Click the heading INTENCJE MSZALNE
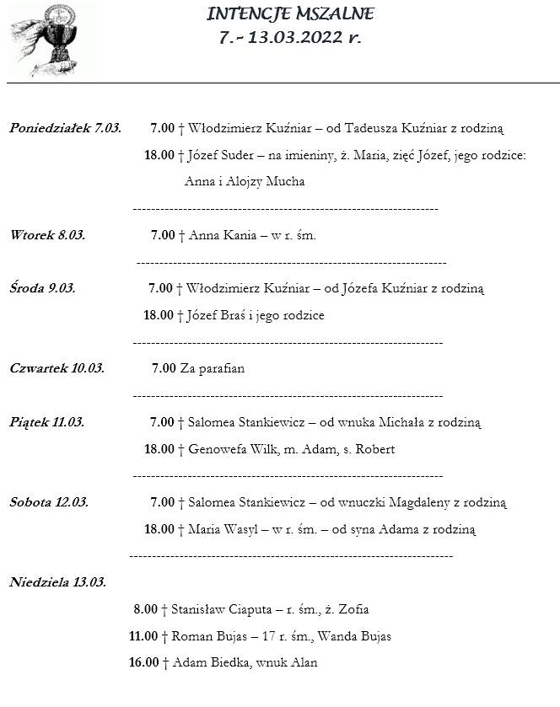coord(290,14)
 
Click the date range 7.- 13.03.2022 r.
coord(289,37)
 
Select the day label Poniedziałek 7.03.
coord(65,128)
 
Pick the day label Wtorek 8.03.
coord(47,235)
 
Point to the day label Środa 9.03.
coord(42,288)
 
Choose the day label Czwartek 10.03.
coord(57,368)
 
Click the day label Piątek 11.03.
coord(46,422)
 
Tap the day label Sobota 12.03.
coord(49,502)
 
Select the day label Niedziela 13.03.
coord(57,582)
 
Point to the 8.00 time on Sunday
coord(145,609)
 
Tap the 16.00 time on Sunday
coord(143,663)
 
